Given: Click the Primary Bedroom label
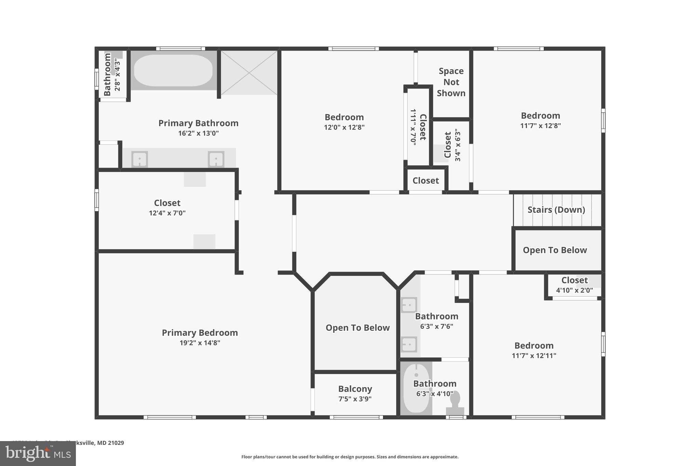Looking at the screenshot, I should [200, 333].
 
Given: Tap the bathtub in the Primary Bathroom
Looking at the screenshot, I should [173, 70].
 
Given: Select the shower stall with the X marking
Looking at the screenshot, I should [249, 73].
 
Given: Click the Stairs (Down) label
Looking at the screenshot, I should [556, 210].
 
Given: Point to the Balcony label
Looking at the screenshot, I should [355, 389].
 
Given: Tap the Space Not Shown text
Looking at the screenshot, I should [451, 82].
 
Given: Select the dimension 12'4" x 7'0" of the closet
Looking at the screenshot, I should [167, 213].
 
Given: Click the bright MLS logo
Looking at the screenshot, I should [38, 453].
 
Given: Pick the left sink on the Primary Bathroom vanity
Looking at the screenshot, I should [139, 159].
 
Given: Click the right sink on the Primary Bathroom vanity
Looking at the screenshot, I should [216, 159].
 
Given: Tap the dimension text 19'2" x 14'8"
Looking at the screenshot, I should [200, 343].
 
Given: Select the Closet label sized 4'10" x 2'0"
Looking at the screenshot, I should [574, 280].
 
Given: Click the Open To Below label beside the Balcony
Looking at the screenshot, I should [358, 328].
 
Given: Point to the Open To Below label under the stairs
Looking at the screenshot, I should [555, 250].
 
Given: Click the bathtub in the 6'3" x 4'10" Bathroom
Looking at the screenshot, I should [416, 388].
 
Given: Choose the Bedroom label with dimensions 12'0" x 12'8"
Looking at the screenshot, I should [344, 117].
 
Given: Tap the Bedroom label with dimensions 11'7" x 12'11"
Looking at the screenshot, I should [534, 345].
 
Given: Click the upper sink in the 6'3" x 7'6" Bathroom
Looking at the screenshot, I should [409, 305].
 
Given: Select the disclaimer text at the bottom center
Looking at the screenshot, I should [350, 457].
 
